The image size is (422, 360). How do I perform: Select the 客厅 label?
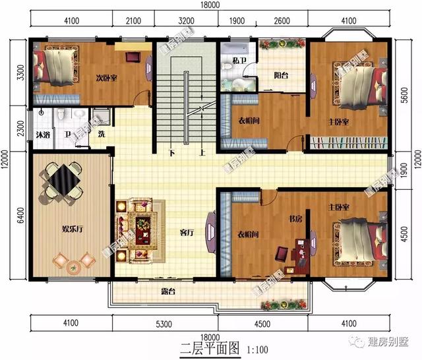pos(187,233)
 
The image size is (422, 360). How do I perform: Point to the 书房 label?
pos(295,218)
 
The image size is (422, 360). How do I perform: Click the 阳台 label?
pos(282,75)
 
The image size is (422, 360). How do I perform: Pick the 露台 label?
pos(167,291)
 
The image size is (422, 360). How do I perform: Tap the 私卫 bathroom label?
pos(240,61)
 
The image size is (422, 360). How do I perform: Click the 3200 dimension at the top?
pos(187,20)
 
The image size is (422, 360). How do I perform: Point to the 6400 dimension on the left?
pos(19,215)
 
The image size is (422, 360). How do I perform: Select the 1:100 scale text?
pos(258,349)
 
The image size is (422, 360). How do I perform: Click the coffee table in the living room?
pos(142,228)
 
